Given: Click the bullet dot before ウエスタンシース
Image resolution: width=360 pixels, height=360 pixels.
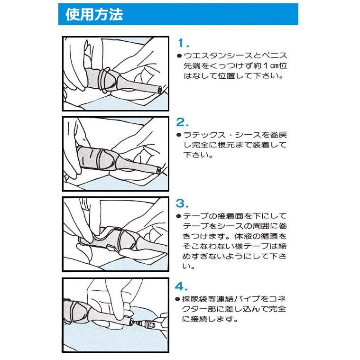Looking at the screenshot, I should click(179, 56).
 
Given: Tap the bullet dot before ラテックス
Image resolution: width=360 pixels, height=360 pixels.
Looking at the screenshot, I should click(179, 135).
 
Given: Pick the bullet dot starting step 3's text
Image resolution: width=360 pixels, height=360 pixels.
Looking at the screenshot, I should click(179, 216).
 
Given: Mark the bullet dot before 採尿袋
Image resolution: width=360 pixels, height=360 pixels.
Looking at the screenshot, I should click(179, 299).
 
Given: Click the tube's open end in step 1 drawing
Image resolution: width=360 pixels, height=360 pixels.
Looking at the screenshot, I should click(159, 89).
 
